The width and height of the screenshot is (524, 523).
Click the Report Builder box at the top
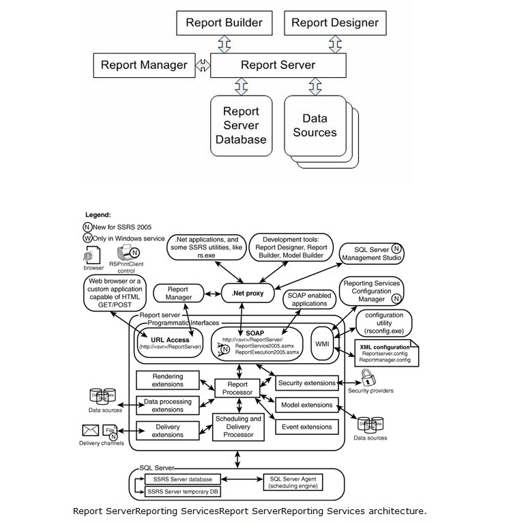pyautogui.click(x=224, y=23)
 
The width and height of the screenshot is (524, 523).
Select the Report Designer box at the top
pyautogui.click(x=334, y=23)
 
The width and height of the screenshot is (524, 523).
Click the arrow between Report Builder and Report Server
pyautogui.click(x=224, y=44)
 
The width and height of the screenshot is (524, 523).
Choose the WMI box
pyautogui.click(x=321, y=343)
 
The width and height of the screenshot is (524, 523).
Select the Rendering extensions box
pyautogui.click(x=167, y=380)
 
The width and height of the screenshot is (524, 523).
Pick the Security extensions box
pyautogui.click(x=307, y=383)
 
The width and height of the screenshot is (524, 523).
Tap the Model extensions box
pyautogui.click(x=307, y=405)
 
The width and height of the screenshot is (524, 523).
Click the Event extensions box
pyautogui.click(x=307, y=427)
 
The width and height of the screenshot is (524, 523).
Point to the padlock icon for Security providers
pyautogui.click(x=367, y=378)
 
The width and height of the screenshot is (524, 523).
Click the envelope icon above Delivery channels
pyautogui.click(x=91, y=430)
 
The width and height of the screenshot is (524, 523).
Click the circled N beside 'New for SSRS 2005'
pyautogui.click(x=87, y=227)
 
